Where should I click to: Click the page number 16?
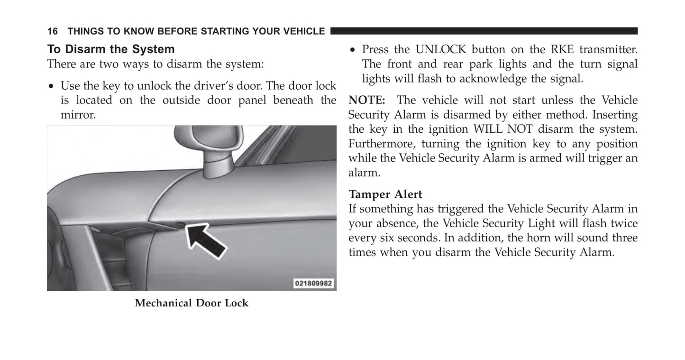click(x=52, y=31)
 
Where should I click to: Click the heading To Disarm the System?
click(x=110, y=49)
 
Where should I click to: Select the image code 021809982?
click(x=314, y=284)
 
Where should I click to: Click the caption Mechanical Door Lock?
click(x=192, y=303)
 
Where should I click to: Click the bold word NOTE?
click(x=367, y=100)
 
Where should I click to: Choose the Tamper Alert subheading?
click(x=385, y=194)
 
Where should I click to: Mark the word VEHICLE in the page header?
click(x=303, y=31)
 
